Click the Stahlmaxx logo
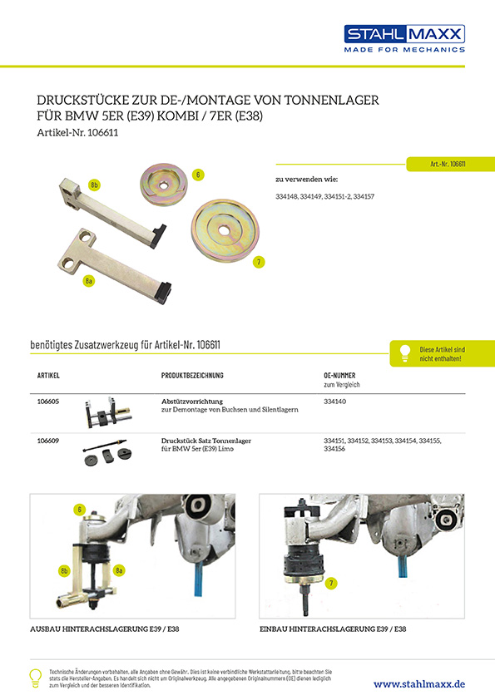tap(404, 38)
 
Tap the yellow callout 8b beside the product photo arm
tap(94, 185)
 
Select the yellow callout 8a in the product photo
tap(89, 281)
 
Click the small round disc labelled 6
tap(164, 184)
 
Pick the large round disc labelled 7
tap(225, 230)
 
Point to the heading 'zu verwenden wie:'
tap(307, 180)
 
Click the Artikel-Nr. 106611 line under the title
tap(77, 132)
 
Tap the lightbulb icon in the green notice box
tap(405, 353)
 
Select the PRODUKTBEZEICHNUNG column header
tap(192, 376)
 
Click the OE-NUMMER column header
tap(339, 376)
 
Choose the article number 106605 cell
tap(47, 402)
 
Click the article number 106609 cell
tap(47, 441)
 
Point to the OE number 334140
tap(334, 402)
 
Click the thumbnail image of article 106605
tap(108, 412)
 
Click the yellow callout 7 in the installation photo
tap(331, 583)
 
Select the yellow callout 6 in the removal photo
tap(80, 510)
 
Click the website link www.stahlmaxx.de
tap(419, 684)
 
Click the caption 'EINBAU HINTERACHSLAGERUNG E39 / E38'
tap(333, 629)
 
